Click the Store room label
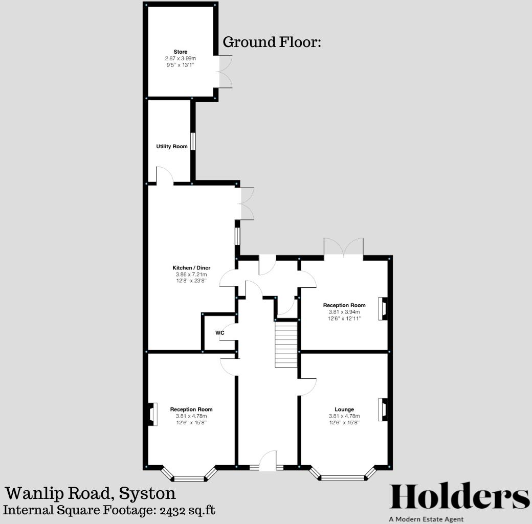point(180,52)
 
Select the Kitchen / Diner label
point(191,268)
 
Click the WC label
point(220,333)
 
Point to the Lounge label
point(344,409)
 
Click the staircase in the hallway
point(286,344)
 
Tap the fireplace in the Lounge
point(382,409)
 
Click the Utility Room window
point(193,142)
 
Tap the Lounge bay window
point(344,477)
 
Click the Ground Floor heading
point(272,42)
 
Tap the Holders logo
point(460,496)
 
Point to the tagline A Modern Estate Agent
point(426,519)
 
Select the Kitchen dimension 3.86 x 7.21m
point(191,275)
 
